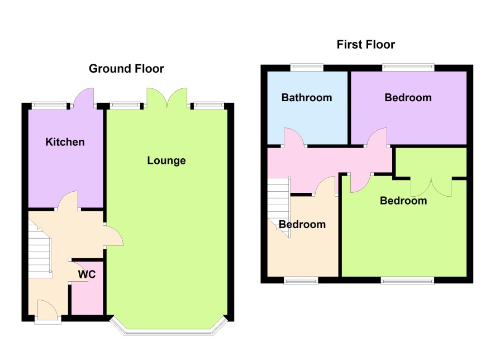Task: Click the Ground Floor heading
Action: click(126, 69)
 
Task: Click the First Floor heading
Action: click(365, 45)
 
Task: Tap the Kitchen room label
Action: click(65, 142)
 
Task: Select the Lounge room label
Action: click(166, 160)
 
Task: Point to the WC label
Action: click(87, 274)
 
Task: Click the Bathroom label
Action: click(307, 98)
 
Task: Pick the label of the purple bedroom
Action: click(408, 98)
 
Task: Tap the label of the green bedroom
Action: click(403, 201)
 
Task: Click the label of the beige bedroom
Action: click(302, 224)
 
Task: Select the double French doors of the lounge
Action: click(166, 98)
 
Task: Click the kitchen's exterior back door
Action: click(83, 98)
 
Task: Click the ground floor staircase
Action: click(40, 249)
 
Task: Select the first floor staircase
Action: click(278, 207)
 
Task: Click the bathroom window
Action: click(307, 67)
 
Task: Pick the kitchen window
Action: click(49, 105)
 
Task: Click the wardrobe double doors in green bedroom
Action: click(431, 187)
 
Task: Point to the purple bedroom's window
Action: click(408, 67)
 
